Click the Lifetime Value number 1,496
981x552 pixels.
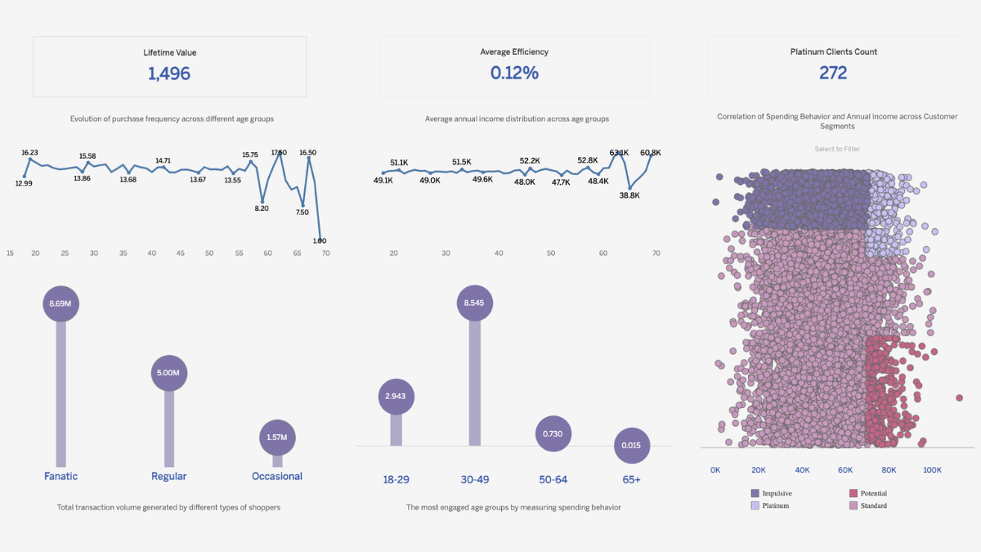(169, 74)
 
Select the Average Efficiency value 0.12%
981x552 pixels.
(514, 73)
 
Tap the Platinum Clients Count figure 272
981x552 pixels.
(833, 73)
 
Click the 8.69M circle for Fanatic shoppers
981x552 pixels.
(60, 303)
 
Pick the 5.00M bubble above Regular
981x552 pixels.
(169, 373)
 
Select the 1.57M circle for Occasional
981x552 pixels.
(277, 438)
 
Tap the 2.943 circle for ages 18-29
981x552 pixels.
(396, 397)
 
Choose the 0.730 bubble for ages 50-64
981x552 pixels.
(553, 433)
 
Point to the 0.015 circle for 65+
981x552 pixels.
(631, 446)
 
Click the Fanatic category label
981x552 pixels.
(60, 476)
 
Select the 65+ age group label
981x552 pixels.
(630, 480)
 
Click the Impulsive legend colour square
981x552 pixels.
(755, 493)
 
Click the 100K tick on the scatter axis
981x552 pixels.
(932, 470)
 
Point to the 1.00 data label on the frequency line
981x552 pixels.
(320, 240)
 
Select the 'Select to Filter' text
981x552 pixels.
(837, 149)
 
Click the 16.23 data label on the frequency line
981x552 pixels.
(30, 153)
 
